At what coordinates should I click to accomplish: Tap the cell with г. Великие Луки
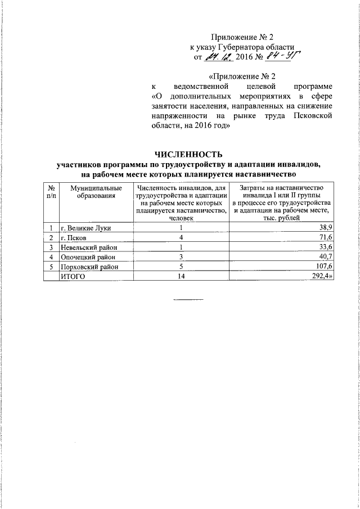coord(85,228)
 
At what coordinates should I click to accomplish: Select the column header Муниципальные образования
coord(93,192)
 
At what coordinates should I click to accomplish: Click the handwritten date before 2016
coord(217,57)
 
